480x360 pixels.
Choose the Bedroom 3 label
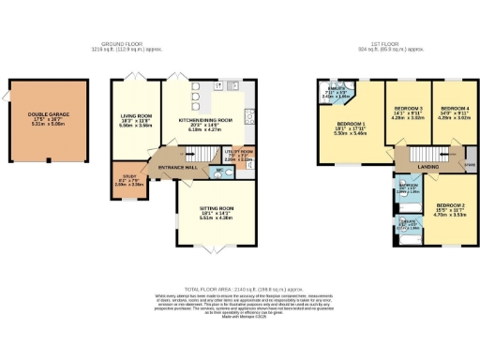click(408, 111)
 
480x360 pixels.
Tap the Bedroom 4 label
click(454, 111)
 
